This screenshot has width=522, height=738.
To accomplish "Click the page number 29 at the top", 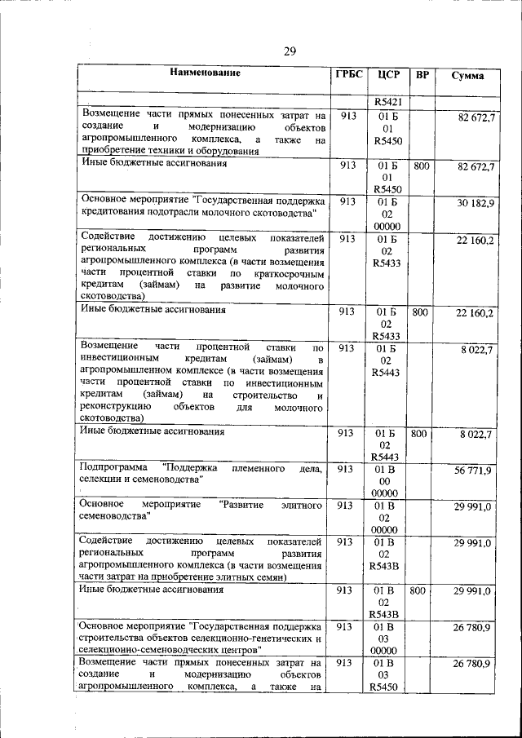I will tap(290, 52).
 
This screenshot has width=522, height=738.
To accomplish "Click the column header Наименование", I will tap(205, 74).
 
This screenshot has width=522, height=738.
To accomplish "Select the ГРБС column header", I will tap(348, 75).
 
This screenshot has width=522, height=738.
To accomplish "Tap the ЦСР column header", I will tap(388, 75).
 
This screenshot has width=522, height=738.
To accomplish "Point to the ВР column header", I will tap(422, 75).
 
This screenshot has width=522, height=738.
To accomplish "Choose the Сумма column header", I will tap(467, 76).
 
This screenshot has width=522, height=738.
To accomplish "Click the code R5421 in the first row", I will tap(388, 103).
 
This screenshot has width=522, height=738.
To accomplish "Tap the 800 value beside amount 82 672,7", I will tap(422, 166).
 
